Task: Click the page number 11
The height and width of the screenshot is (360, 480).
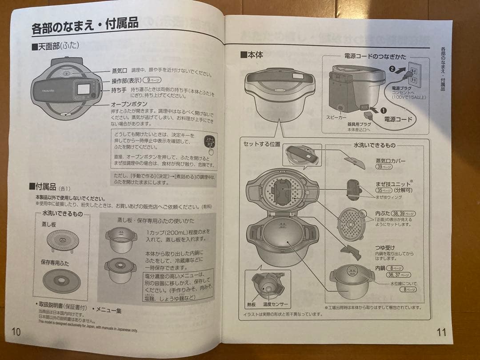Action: pos(441,332)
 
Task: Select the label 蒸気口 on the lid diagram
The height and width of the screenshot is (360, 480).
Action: pos(119,71)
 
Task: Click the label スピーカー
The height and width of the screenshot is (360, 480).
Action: pos(337,116)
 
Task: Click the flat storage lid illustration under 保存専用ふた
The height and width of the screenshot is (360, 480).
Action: pos(61,280)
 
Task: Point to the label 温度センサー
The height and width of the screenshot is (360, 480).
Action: pos(275,304)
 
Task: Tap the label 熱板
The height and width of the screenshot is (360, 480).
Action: pos(251,304)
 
